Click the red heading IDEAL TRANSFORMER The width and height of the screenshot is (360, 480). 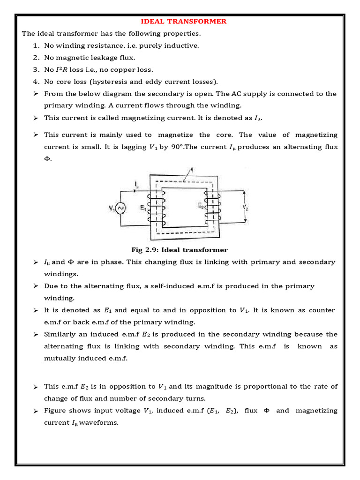point(184,22)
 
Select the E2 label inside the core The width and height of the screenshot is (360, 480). point(201,205)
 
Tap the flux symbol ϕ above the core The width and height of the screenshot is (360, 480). point(190,170)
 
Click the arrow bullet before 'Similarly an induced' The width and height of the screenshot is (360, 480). point(36,335)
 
